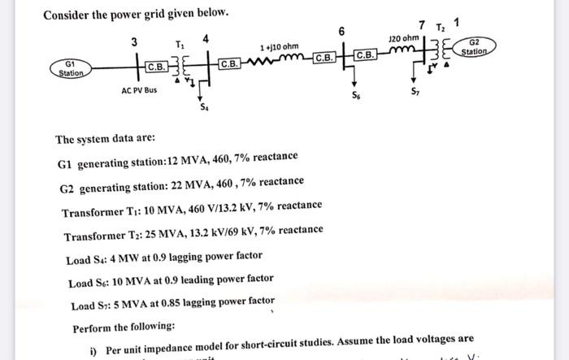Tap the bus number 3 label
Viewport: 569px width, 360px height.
pos(134,41)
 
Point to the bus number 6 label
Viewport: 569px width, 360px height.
pos(341,31)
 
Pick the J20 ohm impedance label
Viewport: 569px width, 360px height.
pos(404,38)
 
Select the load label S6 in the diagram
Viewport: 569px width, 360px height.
pos(355,94)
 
